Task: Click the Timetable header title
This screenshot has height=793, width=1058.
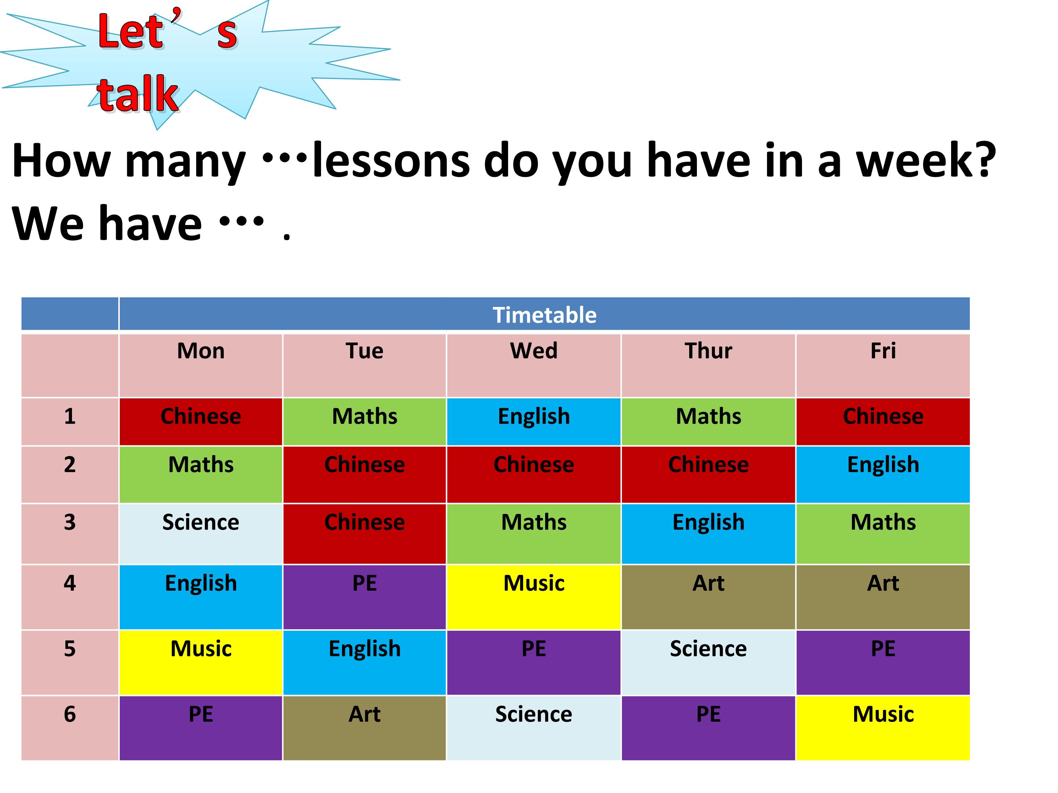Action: point(544,315)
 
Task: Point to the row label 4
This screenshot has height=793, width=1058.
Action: point(70,583)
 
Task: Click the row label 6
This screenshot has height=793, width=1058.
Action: point(70,714)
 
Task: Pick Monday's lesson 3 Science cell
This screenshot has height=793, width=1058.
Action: point(201,533)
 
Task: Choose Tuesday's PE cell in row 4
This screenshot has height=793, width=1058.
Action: point(364,597)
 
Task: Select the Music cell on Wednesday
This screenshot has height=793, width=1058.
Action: point(534,597)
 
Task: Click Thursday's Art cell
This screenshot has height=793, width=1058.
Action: point(708,597)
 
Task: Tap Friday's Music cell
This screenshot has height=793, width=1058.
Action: point(883,728)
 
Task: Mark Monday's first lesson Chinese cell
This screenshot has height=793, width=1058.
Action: point(201,421)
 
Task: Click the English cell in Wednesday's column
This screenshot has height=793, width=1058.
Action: point(534,421)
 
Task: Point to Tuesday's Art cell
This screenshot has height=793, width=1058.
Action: point(364,728)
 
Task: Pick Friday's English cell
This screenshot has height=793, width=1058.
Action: point(883,474)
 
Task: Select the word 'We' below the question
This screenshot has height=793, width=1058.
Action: point(48,224)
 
